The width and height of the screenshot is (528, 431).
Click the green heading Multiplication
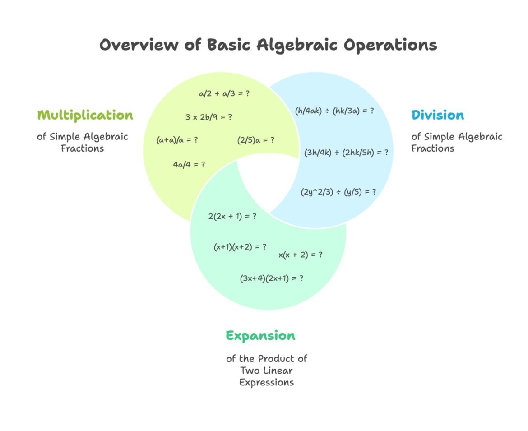tap(85, 115)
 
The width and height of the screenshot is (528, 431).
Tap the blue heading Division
tap(437, 115)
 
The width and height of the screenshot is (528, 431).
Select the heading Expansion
tap(260, 336)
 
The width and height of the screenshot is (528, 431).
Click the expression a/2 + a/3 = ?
tap(224, 94)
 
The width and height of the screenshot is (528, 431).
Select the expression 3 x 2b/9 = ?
tap(208, 117)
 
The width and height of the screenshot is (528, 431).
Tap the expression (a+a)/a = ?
tap(177, 140)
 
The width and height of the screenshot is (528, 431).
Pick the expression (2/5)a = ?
tap(256, 140)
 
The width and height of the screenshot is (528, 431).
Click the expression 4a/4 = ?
tap(189, 165)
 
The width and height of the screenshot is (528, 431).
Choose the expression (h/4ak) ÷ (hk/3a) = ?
tap(334, 110)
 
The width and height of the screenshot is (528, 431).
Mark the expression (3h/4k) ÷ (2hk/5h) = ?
tap(346, 152)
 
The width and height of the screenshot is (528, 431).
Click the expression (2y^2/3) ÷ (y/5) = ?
tap(338, 191)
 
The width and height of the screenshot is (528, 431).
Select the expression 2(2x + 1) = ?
tap(232, 216)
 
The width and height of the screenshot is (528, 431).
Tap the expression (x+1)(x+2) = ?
tap(240, 247)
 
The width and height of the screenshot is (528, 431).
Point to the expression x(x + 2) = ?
tap(300, 255)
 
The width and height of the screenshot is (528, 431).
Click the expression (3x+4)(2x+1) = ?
tap(271, 278)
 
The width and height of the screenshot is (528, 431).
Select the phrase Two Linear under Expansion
tap(266, 371)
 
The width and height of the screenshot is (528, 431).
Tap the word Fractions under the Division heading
tap(432, 148)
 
